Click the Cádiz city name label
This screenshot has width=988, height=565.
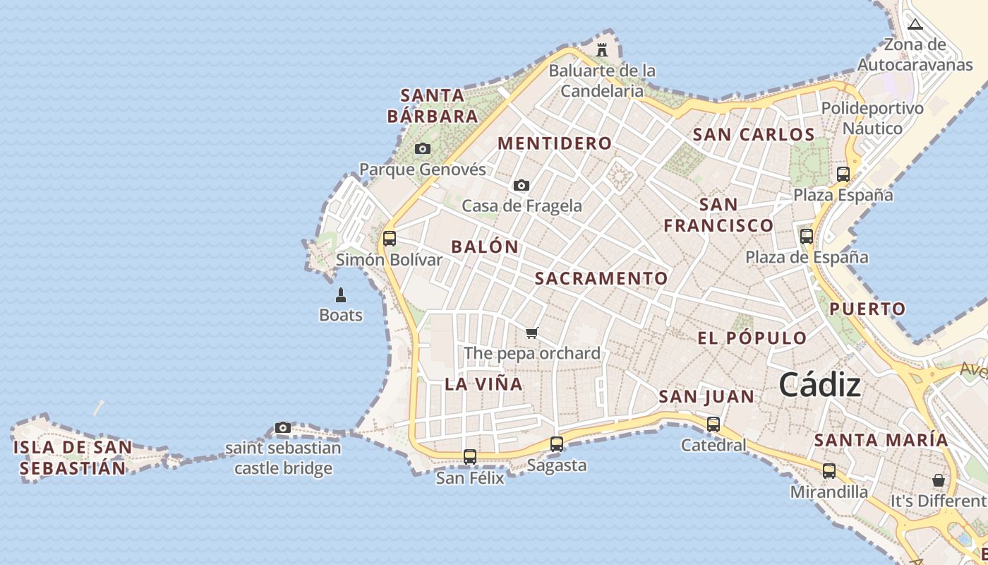tap(819, 386)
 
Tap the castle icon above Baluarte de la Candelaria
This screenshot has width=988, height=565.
tap(602, 50)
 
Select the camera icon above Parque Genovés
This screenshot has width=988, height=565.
tap(423, 148)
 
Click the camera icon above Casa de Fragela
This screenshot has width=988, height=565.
tap(522, 185)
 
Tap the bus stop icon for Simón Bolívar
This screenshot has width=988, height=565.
tap(390, 239)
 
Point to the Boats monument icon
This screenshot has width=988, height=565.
tap(341, 295)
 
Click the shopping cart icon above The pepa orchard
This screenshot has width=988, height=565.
tap(532, 333)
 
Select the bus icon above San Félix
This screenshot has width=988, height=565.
tap(470, 457)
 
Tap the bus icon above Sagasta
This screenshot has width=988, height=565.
tap(557, 444)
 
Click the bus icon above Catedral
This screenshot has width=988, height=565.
tap(713, 424)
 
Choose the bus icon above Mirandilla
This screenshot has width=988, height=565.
tap(829, 471)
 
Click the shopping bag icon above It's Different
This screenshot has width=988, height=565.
tap(939, 480)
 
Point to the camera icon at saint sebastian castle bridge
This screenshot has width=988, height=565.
tap(283, 427)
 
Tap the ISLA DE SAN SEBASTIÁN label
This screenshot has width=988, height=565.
tap(72, 458)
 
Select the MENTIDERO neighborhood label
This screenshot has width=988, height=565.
tap(555, 143)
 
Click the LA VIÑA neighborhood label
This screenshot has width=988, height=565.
tap(483, 384)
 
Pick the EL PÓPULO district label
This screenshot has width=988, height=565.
tap(752, 338)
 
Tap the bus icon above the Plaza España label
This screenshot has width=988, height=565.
tap(843, 174)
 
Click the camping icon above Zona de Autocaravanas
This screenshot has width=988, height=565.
tap(915, 25)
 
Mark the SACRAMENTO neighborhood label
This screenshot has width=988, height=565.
tap(601, 278)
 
